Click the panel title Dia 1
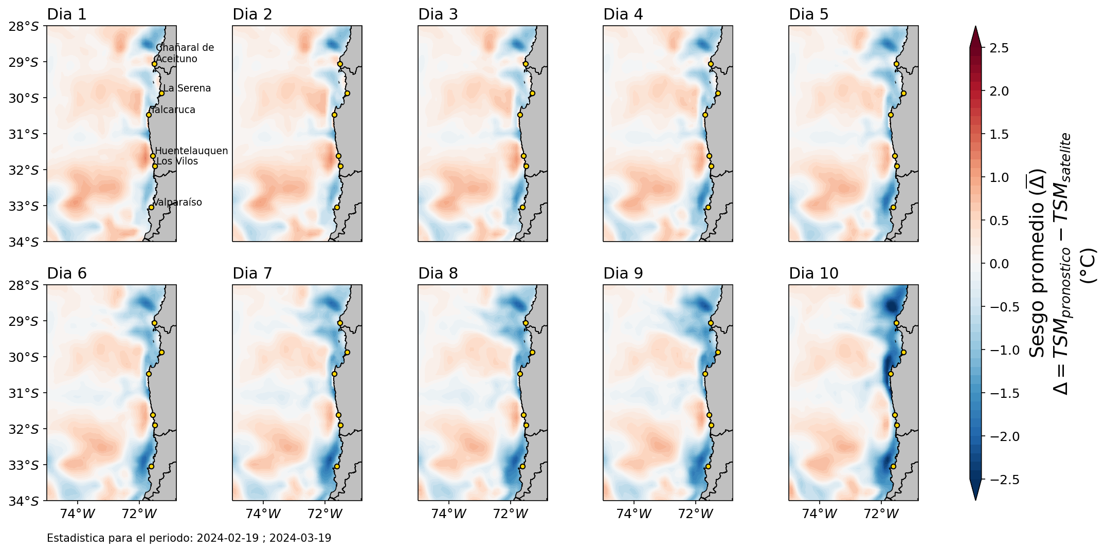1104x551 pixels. pyautogui.click(x=67, y=14)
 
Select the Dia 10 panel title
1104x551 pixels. pyautogui.click(x=813, y=273)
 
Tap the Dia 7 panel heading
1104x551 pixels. pyautogui.click(x=252, y=273)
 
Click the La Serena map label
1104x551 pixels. pyautogui.click(x=187, y=88)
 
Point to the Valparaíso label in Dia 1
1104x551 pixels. pyautogui.click(x=178, y=203)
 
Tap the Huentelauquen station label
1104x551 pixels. pyautogui.click(x=191, y=151)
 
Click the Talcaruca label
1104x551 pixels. pyautogui.click(x=173, y=110)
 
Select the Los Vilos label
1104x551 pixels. pyautogui.click(x=177, y=161)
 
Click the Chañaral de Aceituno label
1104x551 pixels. pyautogui.click(x=185, y=53)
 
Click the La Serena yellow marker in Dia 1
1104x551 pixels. pyautogui.click(x=161, y=94)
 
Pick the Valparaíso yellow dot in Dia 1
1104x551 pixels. pyautogui.click(x=151, y=207)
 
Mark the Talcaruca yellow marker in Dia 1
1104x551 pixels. pyautogui.click(x=149, y=115)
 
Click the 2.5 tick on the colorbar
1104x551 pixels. pyautogui.click(x=999, y=48)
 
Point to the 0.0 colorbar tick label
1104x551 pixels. pyautogui.click(x=999, y=264)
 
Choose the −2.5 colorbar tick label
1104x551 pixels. pyautogui.click(x=997, y=480)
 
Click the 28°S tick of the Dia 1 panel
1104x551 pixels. pyautogui.click(x=24, y=26)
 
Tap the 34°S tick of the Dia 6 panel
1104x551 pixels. pyautogui.click(x=24, y=501)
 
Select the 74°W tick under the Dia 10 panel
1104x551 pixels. pyautogui.click(x=820, y=513)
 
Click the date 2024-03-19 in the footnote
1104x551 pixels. pyautogui.click(x=300, y=538)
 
